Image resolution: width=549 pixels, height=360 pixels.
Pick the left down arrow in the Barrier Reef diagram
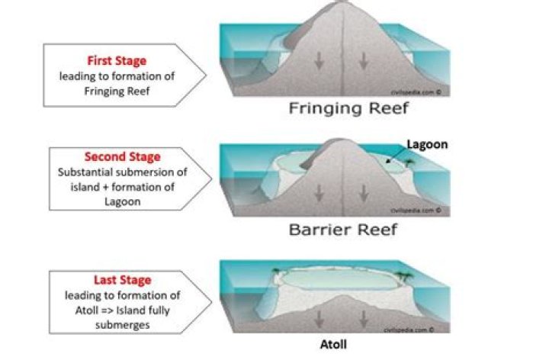coord(325,188)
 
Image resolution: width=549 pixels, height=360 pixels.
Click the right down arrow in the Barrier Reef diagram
coord(360,188)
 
